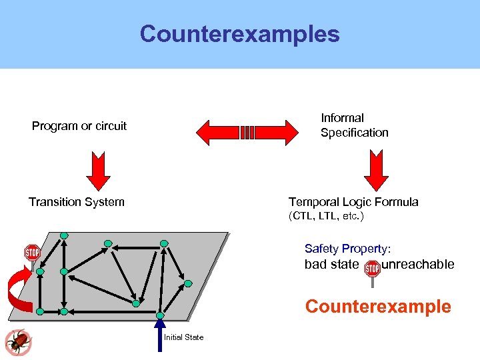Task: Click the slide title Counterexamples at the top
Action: (x=239, y=34)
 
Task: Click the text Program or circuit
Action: (x=79, y=126)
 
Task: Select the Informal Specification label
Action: (x=354, y=125)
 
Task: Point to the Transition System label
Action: (x=76, y=202)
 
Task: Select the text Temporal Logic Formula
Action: (x=353, y=202)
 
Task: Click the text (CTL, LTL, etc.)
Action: (x=326, y=216)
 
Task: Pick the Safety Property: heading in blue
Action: (x=352, y=249)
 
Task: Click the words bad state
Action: (x=331, y=265)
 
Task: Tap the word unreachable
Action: (x=418, y=265)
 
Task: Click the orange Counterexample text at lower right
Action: (x=378, y=307)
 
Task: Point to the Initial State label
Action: (x=184, y=337)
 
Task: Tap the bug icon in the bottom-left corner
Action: (x=18, y=342)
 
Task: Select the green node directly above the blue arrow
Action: (x=160, y=315)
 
